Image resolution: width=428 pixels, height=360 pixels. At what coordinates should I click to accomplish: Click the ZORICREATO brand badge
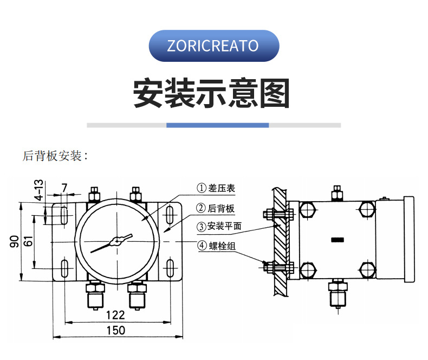click(213, 46)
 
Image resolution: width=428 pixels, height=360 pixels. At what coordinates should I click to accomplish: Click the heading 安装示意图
click(212, 94)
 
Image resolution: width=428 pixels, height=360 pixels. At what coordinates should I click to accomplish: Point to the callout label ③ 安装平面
click(219, 227)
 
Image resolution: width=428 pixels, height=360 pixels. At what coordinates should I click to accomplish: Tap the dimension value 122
click(115, 315)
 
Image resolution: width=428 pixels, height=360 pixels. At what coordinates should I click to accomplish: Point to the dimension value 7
click(64, 188)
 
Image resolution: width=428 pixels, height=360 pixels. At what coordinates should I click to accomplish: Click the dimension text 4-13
click(39, 190)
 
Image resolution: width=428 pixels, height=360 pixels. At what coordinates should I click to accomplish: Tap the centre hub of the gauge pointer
click(116, 242)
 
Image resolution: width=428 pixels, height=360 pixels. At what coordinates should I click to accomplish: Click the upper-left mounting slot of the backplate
click(64, 215)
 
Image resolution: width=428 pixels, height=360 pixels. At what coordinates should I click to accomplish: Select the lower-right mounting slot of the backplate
click(170, 268)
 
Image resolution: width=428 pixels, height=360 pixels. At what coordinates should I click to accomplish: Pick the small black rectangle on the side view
click(337, 240)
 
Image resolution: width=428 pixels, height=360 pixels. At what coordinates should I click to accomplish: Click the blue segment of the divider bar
click(217, 125)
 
